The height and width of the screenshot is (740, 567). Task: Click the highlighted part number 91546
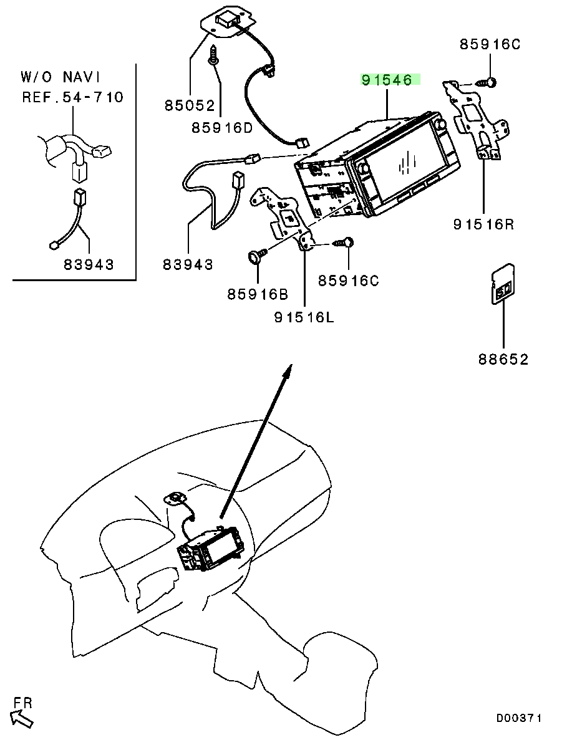(x=387, y=80)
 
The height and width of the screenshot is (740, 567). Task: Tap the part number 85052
(x=190, y=105)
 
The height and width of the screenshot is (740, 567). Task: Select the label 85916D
(x=222, y=127)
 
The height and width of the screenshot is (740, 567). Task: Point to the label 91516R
(x=483, y=224)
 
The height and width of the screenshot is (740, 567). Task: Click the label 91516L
(x=304, y=317)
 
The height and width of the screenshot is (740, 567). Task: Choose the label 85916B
(x=258, y=294)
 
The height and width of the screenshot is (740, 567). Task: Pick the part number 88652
(x=503, y=360)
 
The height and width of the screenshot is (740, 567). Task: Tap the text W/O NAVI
(x=61, y=77)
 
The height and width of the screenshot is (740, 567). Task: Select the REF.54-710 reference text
(x=73, y=97)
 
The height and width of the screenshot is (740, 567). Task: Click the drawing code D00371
(x=518, y=718)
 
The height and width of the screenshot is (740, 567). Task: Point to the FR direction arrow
(x=22, y=718)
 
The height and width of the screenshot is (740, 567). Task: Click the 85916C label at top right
(x=490, y=44)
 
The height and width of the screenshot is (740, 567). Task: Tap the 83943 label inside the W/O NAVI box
(x=89, y=264)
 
